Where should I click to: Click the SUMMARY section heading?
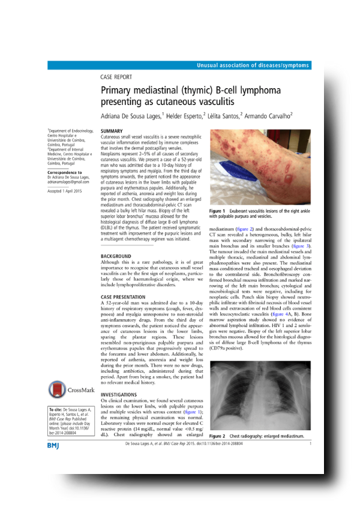click(x=112, y=131)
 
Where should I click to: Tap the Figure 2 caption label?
click(x=217, y=436)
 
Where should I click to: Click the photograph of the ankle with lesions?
click(x=259, y=167)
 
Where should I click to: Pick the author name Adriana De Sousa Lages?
click(x=134, y=115)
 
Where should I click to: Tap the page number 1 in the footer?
click(x=310, y=443)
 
